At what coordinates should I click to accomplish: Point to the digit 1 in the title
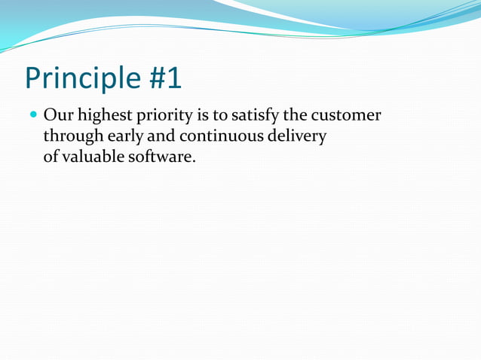[173, 78]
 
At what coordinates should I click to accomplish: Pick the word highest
[100, 118]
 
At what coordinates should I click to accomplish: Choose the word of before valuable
[51, 157]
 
